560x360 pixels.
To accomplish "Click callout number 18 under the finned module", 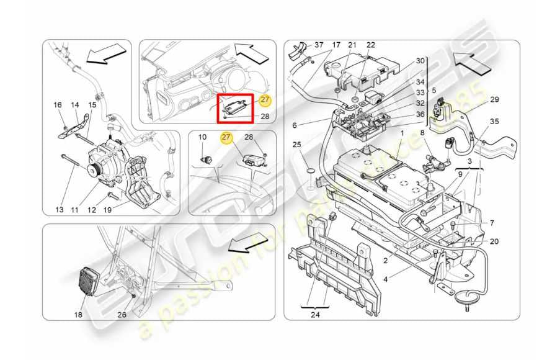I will coord(78,315).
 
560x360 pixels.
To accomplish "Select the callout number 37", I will coord(319,45).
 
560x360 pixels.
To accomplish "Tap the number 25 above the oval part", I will coord(297,145).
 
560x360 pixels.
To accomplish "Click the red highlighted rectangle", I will coord(235,107).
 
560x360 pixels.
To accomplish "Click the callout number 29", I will coord(494,99).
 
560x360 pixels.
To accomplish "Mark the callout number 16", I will coord(58,105).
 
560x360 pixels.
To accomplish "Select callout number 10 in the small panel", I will coord(202,137).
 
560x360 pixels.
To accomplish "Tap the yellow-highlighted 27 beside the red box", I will coord(265,100).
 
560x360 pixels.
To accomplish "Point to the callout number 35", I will coord(494,122).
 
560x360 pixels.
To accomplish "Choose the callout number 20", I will coord(494,241).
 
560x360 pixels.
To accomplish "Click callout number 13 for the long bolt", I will coord(59,210).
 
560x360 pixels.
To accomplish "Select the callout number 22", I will coord(371,45).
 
